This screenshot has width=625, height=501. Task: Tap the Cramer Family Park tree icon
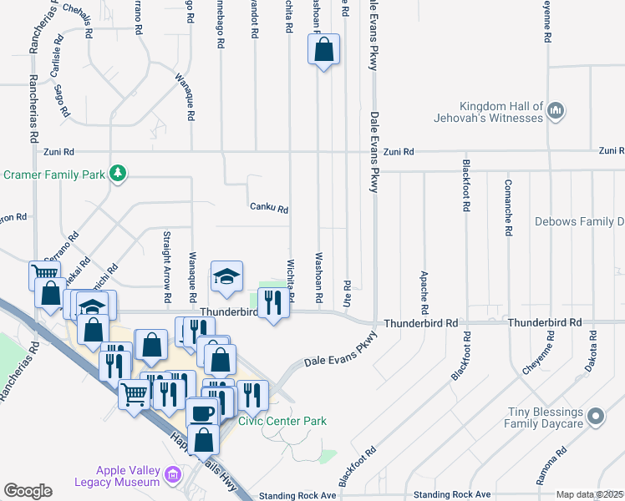click(119, 173)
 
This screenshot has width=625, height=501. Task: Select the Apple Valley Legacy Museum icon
click(173, 476)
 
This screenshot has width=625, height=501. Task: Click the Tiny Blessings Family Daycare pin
click(595, 415)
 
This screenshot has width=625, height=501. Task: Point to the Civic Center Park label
click(282, 422)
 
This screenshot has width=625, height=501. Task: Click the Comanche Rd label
click(507, 208)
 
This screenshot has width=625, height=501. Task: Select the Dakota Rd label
click(592, 345)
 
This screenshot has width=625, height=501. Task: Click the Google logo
click(28, 491)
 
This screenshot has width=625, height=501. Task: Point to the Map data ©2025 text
click(589, 494)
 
